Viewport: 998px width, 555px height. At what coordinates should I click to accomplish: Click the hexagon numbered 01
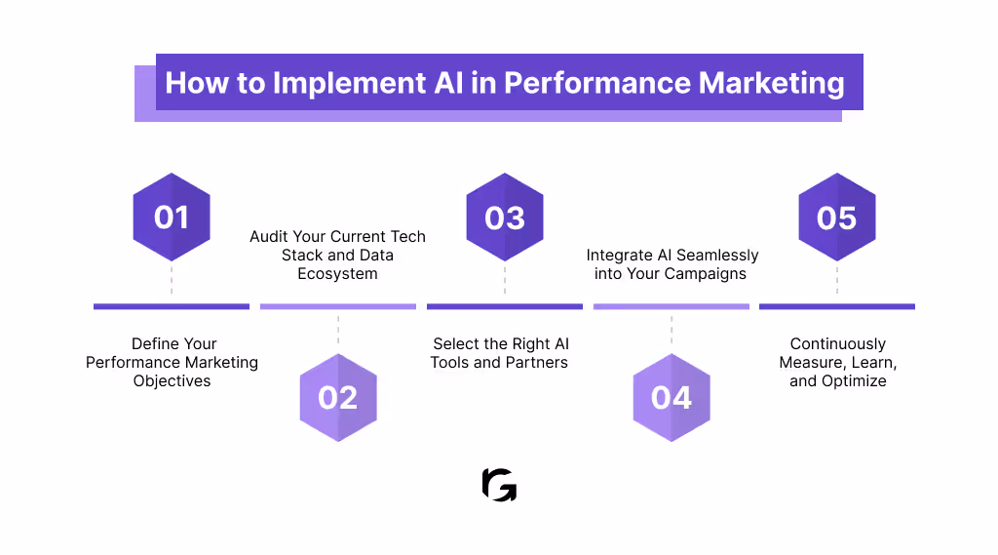click(172, 217)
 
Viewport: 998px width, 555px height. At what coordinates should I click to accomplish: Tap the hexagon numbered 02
click(337, 397)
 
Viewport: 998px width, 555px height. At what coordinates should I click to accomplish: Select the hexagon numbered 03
click(505, 217)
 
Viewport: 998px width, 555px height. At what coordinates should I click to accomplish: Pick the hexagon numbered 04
click(672, 397)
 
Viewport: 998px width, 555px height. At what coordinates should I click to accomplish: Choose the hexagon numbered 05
click(837, 217)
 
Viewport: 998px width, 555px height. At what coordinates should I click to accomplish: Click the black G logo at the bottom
click(499, 485)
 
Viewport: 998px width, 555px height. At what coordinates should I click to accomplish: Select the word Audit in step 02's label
click(269, 237)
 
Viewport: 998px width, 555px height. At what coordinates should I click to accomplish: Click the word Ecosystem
click(337, 274)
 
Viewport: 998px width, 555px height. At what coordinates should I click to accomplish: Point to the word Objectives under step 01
click(172, 381)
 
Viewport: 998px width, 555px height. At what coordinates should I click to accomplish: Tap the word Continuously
click(837, 344)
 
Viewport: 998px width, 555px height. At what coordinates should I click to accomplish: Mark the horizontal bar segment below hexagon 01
click(172, 306)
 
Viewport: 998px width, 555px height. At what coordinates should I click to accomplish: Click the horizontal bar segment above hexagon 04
click(672, 306)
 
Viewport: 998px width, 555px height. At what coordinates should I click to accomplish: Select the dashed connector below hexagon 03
click(505, 278)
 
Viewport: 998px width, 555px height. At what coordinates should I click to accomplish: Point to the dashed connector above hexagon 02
click(337, 330)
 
